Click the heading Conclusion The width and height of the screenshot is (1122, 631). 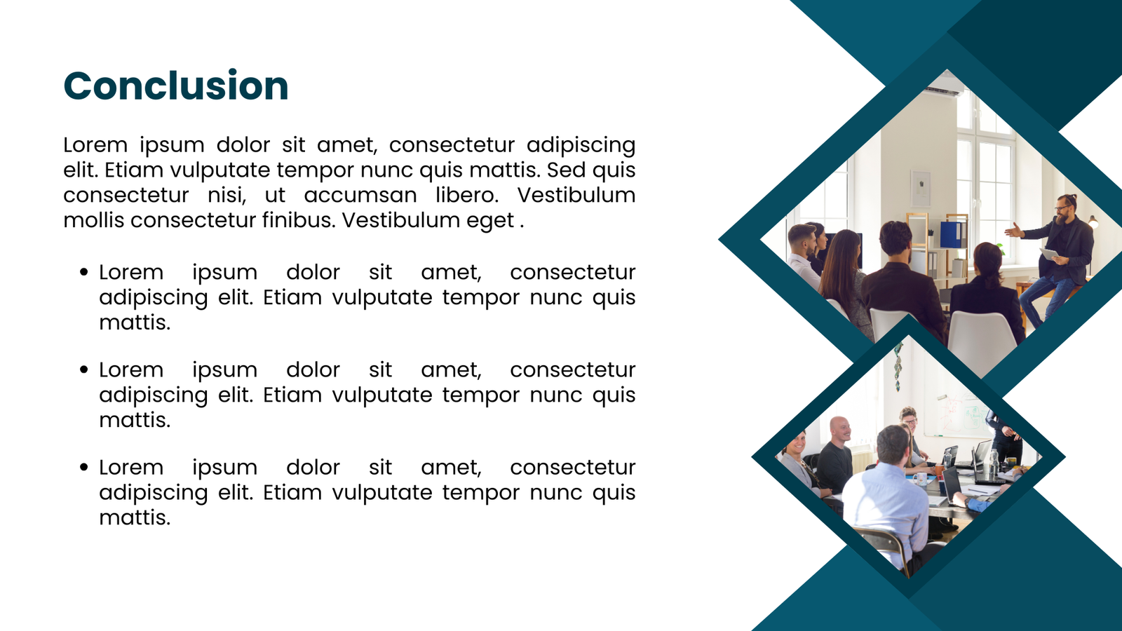pyautogui.click(x=176, y=86)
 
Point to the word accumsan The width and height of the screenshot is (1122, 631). pyautogui.click(x=360, y=196)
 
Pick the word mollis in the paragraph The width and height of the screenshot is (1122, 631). pyautogui.click(x=94, y=220)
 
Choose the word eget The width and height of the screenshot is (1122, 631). pyautogui.click(x=490, y=221)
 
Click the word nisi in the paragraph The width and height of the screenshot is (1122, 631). pyautogui.click(x=227, y=195)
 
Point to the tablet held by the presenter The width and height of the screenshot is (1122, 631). pyautogui.click(x=1049, y=254)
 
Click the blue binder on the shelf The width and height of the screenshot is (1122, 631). pyautogui.click(x=951, y=234)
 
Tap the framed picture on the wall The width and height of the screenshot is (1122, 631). pyautogui.click(x=921, y=189)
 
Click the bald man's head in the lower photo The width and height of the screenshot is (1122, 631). pyautogui.click(x=840, y=428)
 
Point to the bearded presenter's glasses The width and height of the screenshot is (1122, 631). pyautogui.click(x=1062, y=208)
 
